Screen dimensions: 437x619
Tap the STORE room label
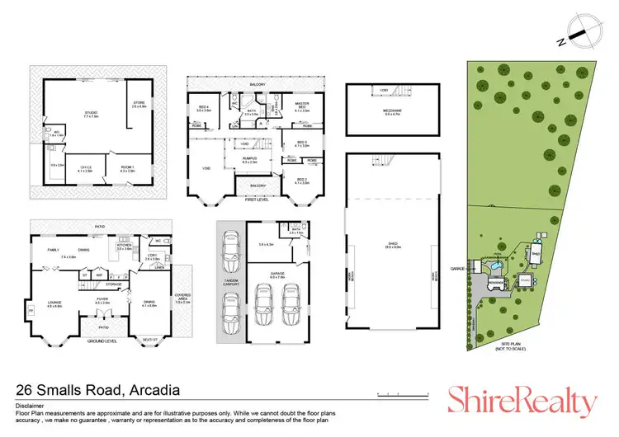138,103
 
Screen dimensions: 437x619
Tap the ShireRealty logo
521,402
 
